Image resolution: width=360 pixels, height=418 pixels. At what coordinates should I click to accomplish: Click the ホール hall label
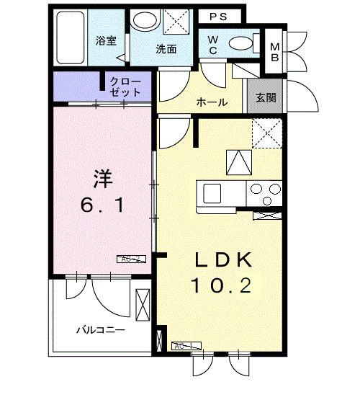[212, 102]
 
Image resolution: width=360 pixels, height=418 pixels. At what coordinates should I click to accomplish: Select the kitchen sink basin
[213, 192]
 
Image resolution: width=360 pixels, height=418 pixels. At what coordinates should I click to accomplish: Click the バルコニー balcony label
[101, 330]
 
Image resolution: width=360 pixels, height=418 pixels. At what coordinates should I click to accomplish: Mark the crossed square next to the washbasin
[175, 22]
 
